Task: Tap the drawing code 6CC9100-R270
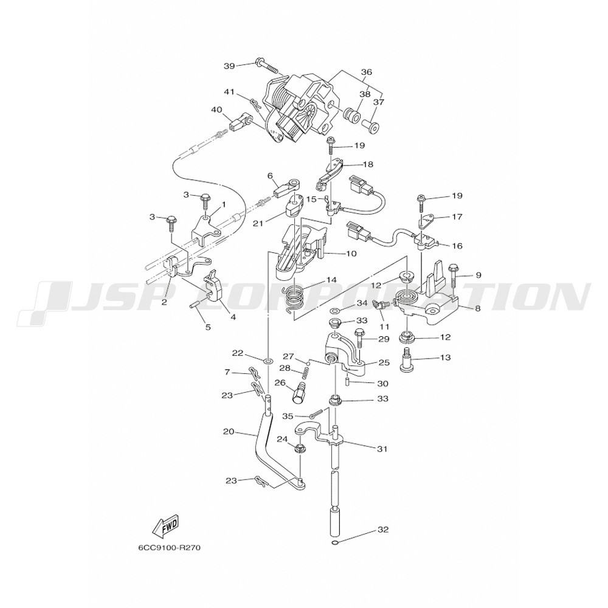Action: [169, 547]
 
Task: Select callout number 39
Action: [229, 65]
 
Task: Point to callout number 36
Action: [366, 72]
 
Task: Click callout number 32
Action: [382, 529]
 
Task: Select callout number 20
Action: [229, 432]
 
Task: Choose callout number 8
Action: [477, 308]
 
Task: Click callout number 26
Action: [280, 382]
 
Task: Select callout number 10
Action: [351, 254]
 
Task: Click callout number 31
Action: [382, 449]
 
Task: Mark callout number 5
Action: [207, 327]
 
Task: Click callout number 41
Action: [229, 92]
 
